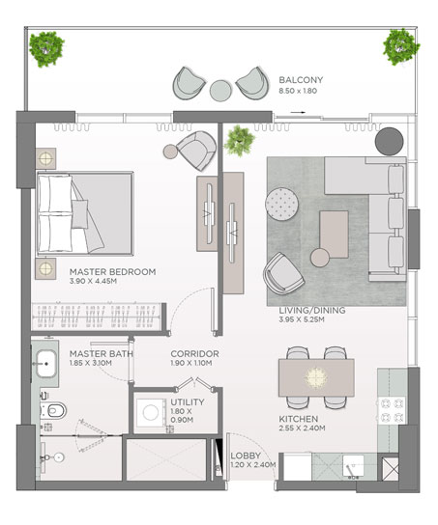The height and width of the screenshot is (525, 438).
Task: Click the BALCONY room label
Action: pyautogui.click(x=301, y=80)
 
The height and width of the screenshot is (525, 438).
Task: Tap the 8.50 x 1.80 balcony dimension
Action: pyautogui.click(x=298, y=91)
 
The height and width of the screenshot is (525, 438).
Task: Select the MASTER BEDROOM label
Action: pyautogui.click(x=113, y=272)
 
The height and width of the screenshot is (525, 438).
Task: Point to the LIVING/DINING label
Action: pyautogui.click(x=312, y=311)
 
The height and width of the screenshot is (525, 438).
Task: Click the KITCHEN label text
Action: pyautogui.click(x=299, y=419)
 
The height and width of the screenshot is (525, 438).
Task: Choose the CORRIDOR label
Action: pyautogui.click(x=194, y=354)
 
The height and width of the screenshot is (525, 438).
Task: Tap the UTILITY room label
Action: pyautogui.click(x=188, y=402)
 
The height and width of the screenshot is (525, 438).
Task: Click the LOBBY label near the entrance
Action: pyautogui.click(x=246, y=456)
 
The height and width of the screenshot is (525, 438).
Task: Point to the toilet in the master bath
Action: pyautogui.click(x=53, y=410)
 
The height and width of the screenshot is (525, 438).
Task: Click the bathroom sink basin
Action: pyautogui.click(x=46, y=364)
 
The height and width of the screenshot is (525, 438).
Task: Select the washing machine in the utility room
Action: pyautogui.click(x=151, y=412)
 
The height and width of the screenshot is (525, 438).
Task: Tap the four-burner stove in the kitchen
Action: pyautogui.click(x=391, y=410)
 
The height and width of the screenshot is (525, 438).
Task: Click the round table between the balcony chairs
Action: pyautogui.click(x=220, y=90)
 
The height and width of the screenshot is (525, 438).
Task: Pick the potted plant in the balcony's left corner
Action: pyautogui.click(x=46, y=49)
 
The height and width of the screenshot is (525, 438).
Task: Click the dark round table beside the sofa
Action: pyautogui.click(x=389, y=141)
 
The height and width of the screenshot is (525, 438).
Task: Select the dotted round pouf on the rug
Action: pyautogui.click(x=281, y=204)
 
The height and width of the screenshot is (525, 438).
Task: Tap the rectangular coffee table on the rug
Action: pyautogui.click(x=334, y=235)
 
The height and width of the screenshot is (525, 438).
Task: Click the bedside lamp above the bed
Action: pyautogui.click(x=45, y=158)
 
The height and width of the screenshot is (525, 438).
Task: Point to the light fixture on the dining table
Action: pyautogui.click(x=316, y=378)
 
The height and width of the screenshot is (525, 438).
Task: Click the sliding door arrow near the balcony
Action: pyautogui.click(x=298, y=113)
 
